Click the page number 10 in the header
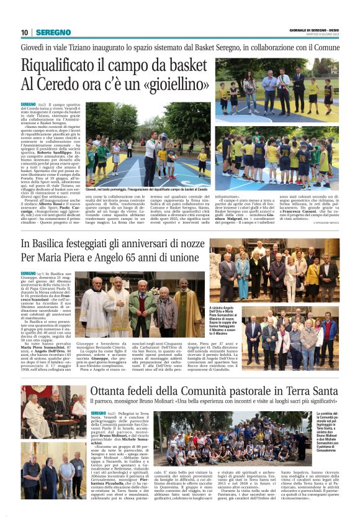click(x=24, y=32)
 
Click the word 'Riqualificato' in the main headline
click(x=65, y=64)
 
